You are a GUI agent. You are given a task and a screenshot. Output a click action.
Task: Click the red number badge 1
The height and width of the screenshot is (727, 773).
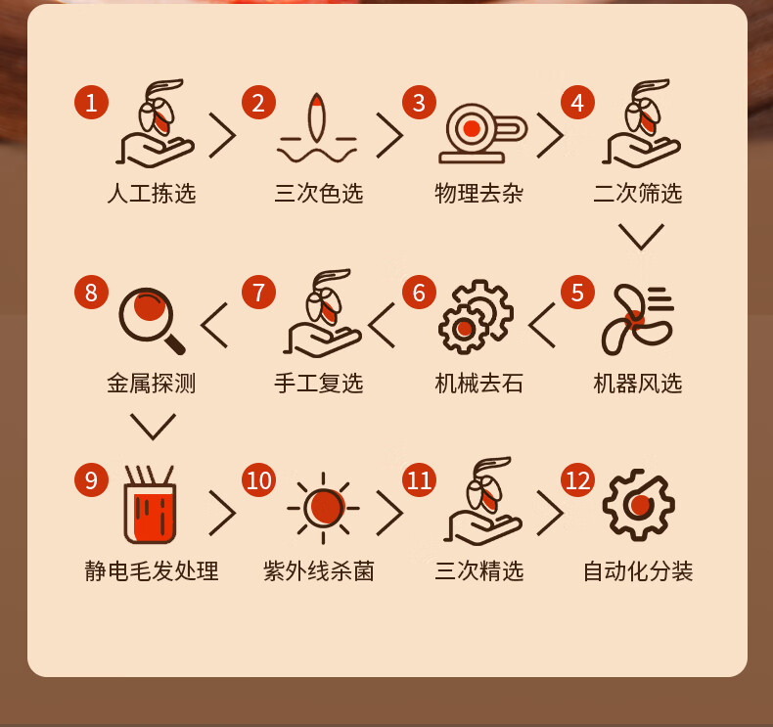click(91, 103)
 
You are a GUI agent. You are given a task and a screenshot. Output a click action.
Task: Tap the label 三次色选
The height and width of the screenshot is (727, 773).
click(319, 193)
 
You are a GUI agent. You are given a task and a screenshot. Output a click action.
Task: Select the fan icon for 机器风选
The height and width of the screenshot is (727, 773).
click(637, 319)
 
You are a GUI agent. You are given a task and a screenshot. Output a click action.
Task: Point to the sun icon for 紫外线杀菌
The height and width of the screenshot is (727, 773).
click(324, 508)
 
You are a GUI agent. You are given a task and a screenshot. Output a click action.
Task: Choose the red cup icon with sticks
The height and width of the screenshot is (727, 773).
click(150, 504)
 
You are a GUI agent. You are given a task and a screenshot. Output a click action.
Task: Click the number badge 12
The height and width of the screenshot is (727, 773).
click(577, 480)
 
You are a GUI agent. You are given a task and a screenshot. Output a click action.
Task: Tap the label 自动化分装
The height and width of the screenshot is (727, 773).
click(638, 571)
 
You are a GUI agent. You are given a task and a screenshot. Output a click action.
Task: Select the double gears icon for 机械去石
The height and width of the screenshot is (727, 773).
click(476, 316)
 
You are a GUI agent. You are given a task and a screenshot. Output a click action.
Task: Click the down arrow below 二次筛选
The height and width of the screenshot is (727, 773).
click(641, 237)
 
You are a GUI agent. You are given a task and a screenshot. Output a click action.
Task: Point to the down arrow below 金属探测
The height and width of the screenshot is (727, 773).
click(153, 427)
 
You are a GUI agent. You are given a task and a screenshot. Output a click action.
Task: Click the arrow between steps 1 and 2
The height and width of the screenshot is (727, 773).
click(222, 135)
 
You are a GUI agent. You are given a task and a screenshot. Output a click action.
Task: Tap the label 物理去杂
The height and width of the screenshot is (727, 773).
click(478, 193)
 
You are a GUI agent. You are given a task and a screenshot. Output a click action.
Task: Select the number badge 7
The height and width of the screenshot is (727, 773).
click(258, 293)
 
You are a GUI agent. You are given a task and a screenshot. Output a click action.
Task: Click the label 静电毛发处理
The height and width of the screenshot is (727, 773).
click(152, 571)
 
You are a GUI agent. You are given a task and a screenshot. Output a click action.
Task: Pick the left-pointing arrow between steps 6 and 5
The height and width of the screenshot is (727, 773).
click(542, 325)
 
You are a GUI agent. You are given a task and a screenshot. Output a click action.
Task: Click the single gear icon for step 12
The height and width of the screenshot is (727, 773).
click(638, 505)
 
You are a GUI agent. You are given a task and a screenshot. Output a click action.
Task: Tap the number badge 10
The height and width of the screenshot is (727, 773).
click(258, 480)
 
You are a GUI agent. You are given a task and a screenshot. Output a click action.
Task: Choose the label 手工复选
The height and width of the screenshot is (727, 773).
click(319, 383)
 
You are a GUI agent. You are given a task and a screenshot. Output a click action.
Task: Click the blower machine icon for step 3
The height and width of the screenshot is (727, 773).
click(482, 133)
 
